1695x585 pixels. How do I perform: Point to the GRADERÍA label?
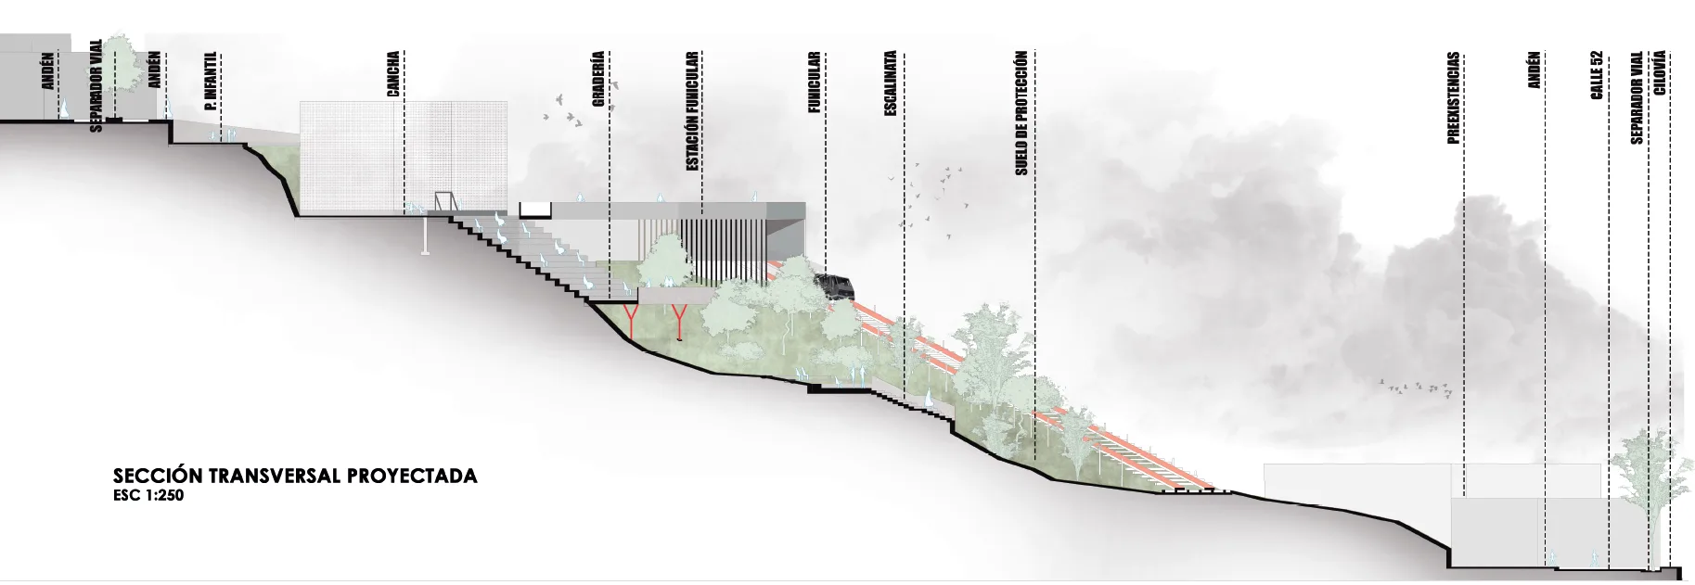tap(599, 81)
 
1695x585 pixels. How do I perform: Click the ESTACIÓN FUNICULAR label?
tap(692, 111)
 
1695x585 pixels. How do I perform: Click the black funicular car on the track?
tap(835, 286)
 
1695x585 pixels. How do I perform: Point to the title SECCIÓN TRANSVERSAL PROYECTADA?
tap(295, 477)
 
